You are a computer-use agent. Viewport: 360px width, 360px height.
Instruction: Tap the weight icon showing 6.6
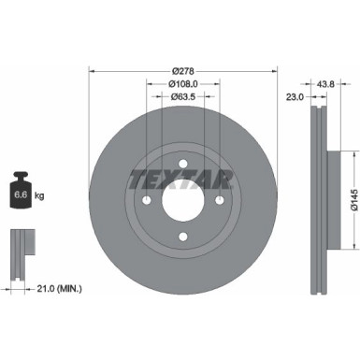point(23,194)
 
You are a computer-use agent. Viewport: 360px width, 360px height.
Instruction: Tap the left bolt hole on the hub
point(147,198)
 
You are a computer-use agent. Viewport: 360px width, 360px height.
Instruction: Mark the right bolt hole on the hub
point(220,198)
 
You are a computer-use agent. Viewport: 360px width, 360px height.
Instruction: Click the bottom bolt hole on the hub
point(183,235)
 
